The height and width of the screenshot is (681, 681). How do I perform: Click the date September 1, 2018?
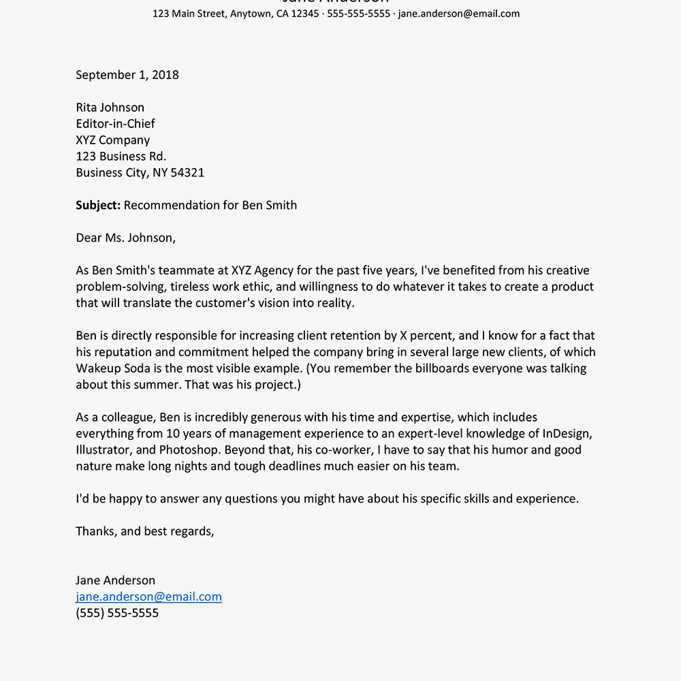(127, 75)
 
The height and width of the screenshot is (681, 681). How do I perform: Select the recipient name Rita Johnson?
(110, 108)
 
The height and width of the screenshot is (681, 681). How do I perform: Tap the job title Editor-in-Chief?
(115, 124)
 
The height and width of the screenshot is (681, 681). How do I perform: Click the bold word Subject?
(98, 206)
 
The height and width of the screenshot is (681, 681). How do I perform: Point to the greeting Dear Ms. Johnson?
(125, 238)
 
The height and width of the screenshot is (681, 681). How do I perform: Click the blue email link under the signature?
(148, 597)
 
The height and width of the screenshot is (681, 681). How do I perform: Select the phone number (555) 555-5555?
(117, 614)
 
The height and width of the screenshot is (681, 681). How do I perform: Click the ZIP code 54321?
(187, 173)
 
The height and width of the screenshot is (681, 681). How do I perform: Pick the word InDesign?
(567, 434)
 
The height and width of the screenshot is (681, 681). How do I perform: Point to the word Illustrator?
(103, 450)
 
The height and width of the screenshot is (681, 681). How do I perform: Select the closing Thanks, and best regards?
(145, 532)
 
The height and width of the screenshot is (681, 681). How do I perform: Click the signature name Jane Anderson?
(115, 581)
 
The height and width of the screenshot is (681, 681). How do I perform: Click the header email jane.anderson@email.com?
(458, 14)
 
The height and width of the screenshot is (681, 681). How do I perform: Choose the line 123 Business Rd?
(121, 157)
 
